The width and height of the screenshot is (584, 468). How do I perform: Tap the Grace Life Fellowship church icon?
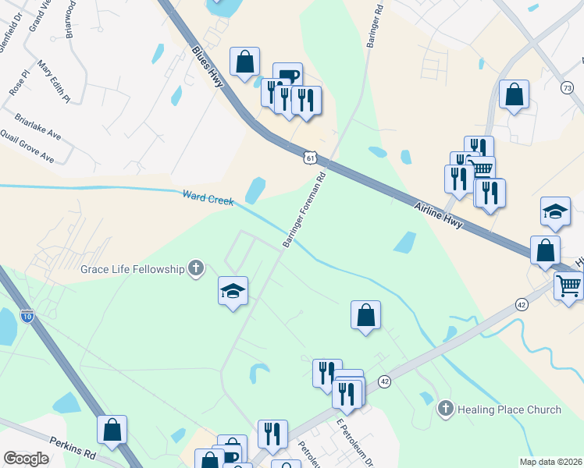(195, 269)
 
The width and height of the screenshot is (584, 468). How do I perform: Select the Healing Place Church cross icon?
(445, 409)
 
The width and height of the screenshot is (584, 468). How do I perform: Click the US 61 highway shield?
(311, 158)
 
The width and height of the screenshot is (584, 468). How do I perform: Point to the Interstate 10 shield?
(27, 316)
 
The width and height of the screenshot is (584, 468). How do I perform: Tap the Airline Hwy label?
(439, 212)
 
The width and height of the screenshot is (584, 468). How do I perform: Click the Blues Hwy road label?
(208, 68)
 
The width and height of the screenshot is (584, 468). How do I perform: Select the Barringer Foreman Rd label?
(304, 211)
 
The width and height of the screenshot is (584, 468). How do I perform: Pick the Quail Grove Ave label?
(27, 146)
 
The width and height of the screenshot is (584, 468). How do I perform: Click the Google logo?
(26, 459)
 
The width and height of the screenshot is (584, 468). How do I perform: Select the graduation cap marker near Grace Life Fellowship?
(233, 291)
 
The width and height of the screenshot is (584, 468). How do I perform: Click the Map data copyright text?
(551, 462)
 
